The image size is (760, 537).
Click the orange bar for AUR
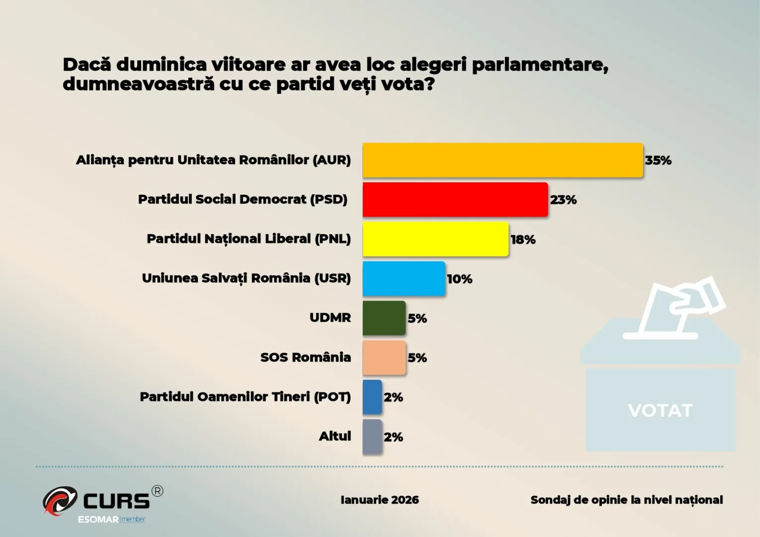tap(503, 160)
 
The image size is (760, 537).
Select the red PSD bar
tap(455, 199)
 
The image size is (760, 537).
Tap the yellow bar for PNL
tap(435, 239)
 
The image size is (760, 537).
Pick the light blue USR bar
tap(404, 278)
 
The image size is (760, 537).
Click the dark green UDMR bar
tap(384, 318)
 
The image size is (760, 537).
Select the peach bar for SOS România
tap(384, 358)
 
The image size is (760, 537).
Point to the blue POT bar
tap(372, 397)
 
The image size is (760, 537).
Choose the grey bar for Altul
tap(372, 437)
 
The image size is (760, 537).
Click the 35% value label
tap(658, 161)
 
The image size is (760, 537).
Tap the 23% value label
tap(563, 200)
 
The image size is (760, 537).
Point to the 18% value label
tap(523, 240)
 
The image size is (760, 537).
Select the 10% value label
tap(459, 279)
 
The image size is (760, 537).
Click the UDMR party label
tap(330, 317)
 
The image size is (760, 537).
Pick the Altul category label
tap(335, 436)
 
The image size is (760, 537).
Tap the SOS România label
tap(305, 357)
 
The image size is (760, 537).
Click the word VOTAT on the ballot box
tap(660, 411)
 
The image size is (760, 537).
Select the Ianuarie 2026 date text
tap(380, 500)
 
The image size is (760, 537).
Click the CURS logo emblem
tap(60, 500)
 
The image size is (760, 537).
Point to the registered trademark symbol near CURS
tap(157, 491)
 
